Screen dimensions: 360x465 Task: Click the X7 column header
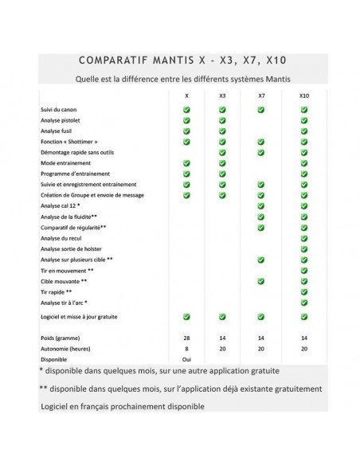[x=261, y=96]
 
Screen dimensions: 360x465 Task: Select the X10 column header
[x=303, y=96]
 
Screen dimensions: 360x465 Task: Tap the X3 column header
[x=222, y=96]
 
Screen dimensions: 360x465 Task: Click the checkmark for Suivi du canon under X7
[x=261, y=109]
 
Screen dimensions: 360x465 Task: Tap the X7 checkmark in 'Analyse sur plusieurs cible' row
[x=261, y=260]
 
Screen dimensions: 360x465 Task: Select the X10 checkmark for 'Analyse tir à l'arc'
[x=303, y=303]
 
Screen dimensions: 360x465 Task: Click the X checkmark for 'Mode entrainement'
[x=186, y=162]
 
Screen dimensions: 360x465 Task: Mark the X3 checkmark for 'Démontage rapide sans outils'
[x=222, y=152]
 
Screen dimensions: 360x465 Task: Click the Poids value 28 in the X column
[x=186, y=338]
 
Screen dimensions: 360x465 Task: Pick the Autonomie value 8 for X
[x=186, y=349]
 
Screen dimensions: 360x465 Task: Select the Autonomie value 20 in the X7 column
[x=261, y=349]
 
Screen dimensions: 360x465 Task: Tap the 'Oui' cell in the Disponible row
[x=186, y=359]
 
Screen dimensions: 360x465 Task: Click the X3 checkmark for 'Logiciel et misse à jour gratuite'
[x=222, y=317]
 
